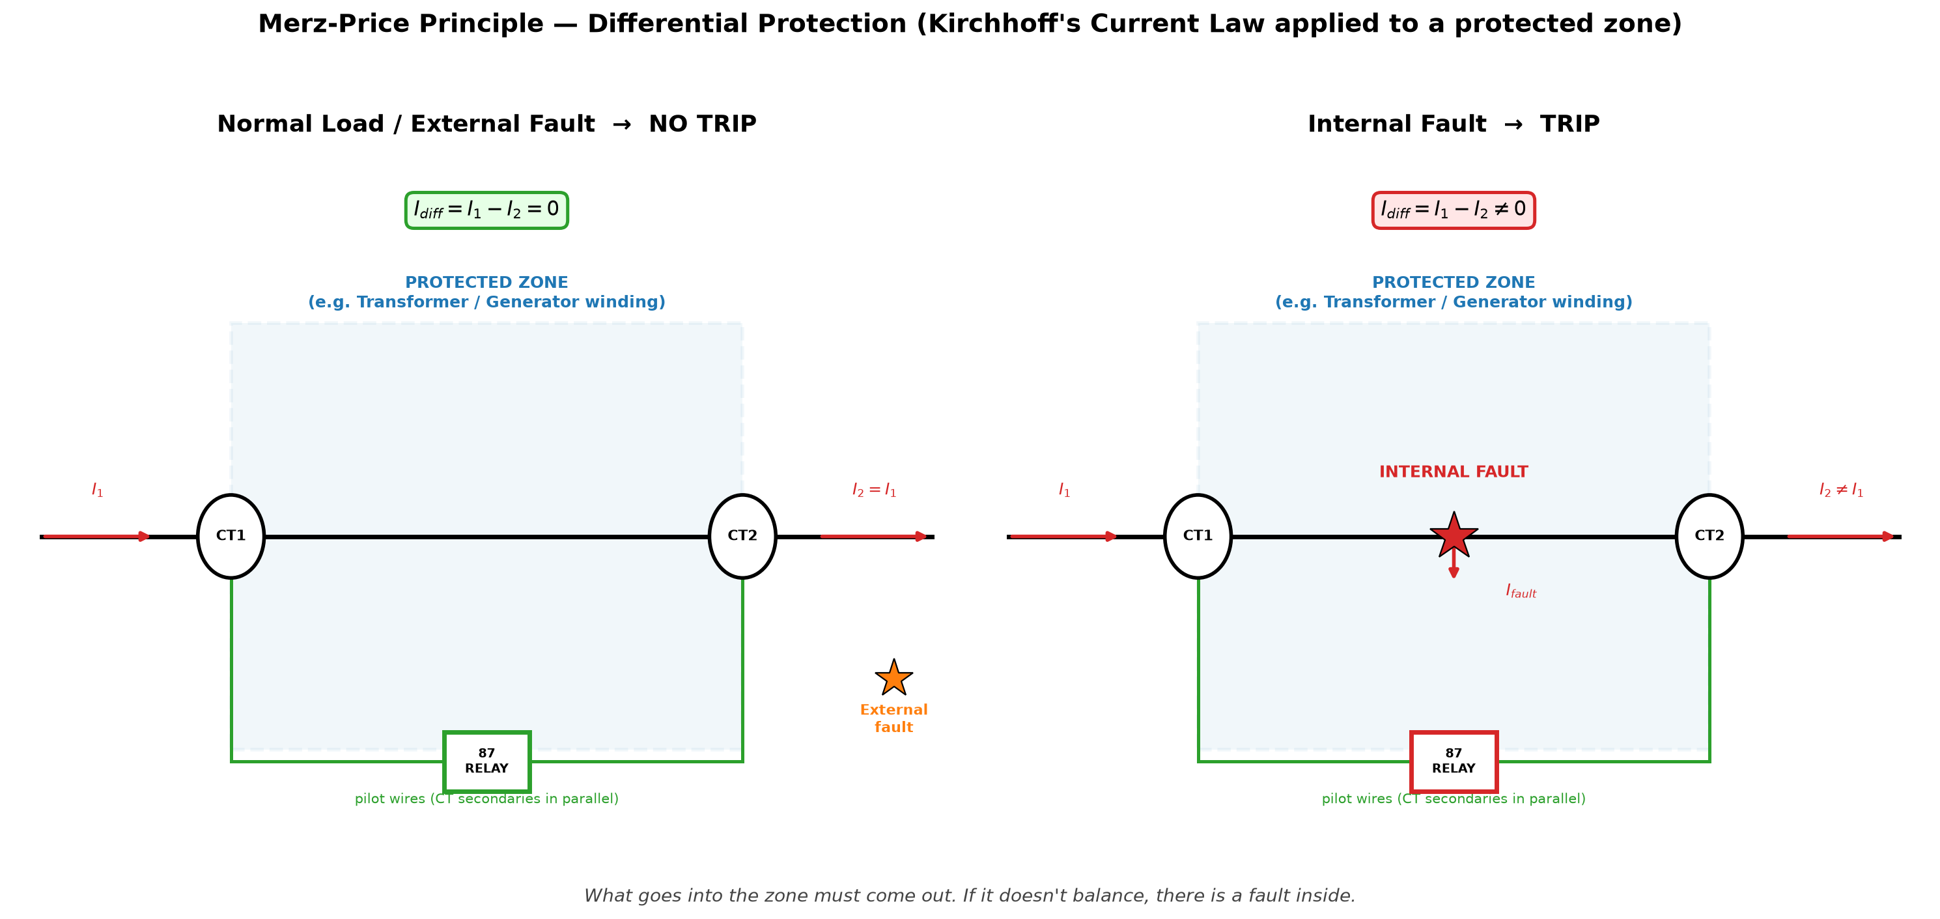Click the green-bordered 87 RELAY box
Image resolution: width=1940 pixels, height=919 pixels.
(486, 761)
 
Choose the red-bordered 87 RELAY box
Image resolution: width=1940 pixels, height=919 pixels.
(1454, 761)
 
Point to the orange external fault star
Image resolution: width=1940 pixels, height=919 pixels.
(894, 678)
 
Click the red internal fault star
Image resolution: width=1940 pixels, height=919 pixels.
(1454, 535)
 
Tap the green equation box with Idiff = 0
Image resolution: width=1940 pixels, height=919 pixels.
(486, 210)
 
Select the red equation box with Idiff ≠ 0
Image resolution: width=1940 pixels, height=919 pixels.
(1454, 210)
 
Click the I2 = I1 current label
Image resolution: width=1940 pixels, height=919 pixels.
(875, 490)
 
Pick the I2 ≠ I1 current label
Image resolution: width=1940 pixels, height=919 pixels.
(1842, 490)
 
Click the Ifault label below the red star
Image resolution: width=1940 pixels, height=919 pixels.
(1521, 591)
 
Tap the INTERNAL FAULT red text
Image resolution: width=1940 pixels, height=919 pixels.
(1454, 472)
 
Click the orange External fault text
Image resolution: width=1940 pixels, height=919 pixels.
(894, 718)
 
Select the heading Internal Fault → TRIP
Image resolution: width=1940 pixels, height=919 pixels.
(1454, 124)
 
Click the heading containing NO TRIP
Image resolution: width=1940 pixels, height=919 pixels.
(486, 124)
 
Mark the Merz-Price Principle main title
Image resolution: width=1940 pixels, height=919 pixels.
(970, 23)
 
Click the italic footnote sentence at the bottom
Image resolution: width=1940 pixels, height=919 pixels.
(970, 896)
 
